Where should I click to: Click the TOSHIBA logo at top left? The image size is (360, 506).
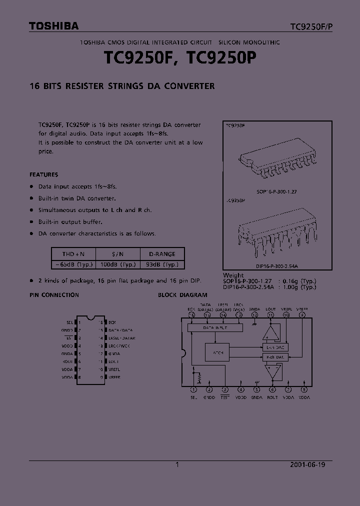[53, 26]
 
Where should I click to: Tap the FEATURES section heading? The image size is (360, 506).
[44, 174]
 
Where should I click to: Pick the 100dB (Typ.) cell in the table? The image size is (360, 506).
[117, 264]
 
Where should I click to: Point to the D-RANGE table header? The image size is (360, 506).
[162, 254]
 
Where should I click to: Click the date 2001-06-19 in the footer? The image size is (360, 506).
[307, 464]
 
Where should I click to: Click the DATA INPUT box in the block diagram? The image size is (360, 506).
[214, 327]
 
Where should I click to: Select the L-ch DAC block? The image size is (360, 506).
[274, 347]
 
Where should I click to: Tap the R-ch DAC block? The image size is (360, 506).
[274, 357]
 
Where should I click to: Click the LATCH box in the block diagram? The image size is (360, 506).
[217, 352]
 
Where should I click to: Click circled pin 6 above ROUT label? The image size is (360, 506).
[272, 389]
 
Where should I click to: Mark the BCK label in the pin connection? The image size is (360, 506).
[112, 322]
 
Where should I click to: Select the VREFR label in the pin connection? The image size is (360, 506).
[114, 377]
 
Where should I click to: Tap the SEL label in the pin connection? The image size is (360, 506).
[69, 322]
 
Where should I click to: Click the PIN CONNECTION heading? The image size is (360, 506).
[54, 295]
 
